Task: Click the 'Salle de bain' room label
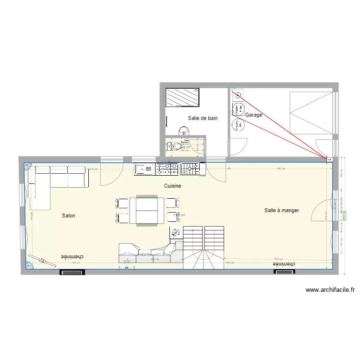pyautogui.click(x=203, y=118)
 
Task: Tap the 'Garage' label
pyautogui.click(x=254, y=115)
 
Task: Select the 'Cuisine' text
pyautogui.click(x=173, y=186)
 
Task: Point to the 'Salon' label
pyautogui.click(x=69, y=216)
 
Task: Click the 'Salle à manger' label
pyautogui.click(x=282, y=210)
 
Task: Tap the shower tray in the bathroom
pyautogui.click(x=182, y=98)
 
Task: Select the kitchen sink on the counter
pyautogui.click(x=144, y=168)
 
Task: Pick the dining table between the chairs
pyautogui.click(x=147, y=210)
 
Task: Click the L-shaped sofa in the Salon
pyautogui.click(x=53, y=180)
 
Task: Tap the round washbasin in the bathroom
pyautogui.click(x=184, y=131)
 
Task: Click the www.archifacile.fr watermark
pyautogui.click(x=330, y=290)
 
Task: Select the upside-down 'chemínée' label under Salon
pyautogui.click(x=72, y=257)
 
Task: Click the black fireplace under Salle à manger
pyautogui.click(x=284, y=272)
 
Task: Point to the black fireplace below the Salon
pyautogui.click(x=72, y=272)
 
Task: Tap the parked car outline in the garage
pyautogui.click(x=311, y=114)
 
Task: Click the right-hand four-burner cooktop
pyautogui.click(x=190, y=168)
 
